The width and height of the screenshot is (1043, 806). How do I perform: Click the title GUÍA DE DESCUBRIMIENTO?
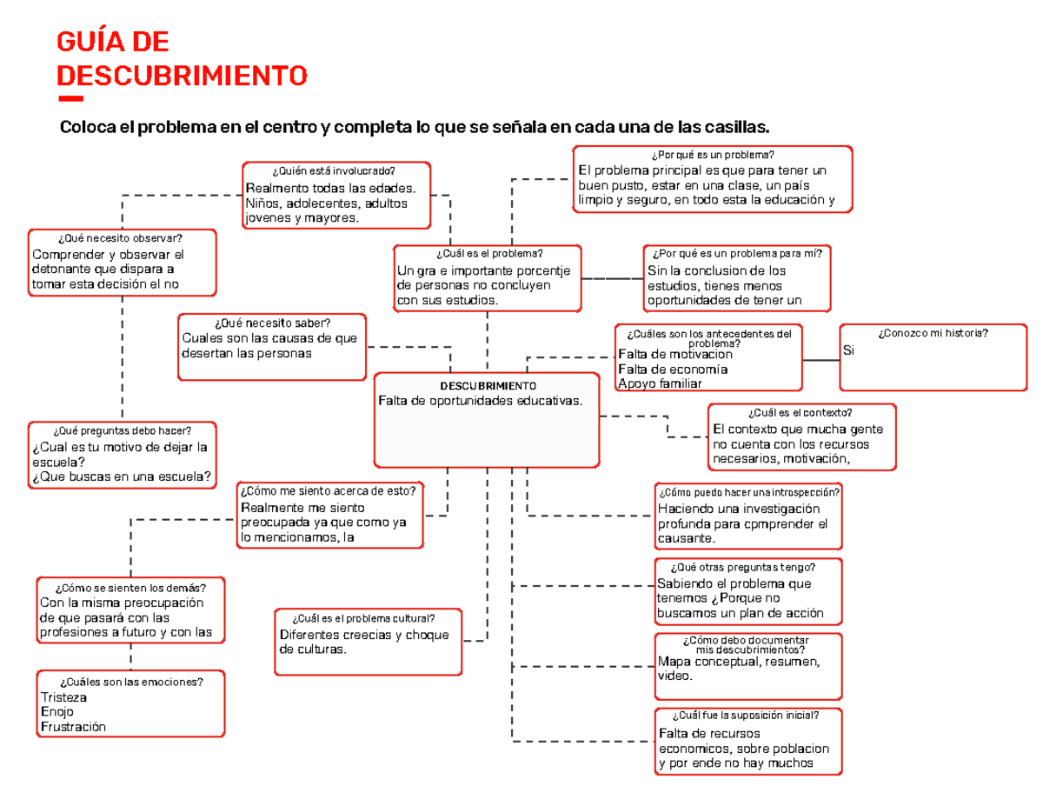181,58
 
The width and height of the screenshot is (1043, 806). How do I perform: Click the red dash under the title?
70,97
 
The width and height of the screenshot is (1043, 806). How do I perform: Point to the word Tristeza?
64,698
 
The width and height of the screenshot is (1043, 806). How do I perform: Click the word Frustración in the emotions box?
73,727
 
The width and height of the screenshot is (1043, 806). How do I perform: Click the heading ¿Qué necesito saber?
271,323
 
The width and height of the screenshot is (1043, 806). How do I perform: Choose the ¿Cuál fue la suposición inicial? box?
747,741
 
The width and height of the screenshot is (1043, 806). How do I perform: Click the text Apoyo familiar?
660,383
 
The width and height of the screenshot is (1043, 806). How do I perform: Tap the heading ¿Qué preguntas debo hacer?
121,431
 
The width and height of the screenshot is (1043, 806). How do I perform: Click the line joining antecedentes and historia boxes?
820,359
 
